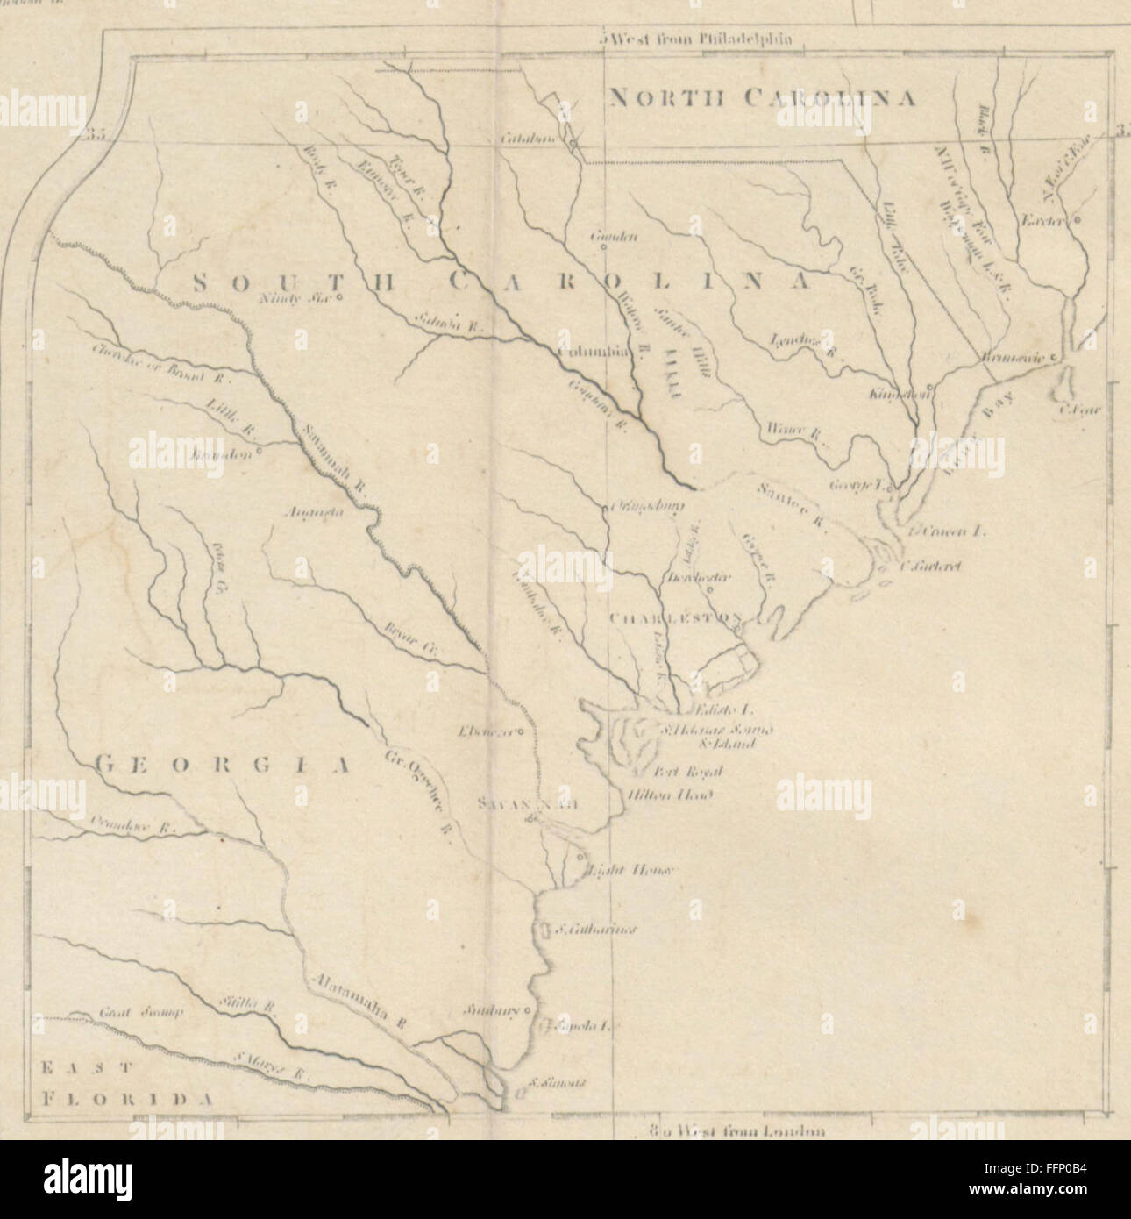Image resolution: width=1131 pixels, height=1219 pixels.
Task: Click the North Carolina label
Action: tap(763, 97)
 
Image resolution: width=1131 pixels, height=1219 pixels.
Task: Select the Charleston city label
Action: tap(675, 617)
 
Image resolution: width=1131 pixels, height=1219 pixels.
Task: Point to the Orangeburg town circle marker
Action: tap(604, 507)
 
